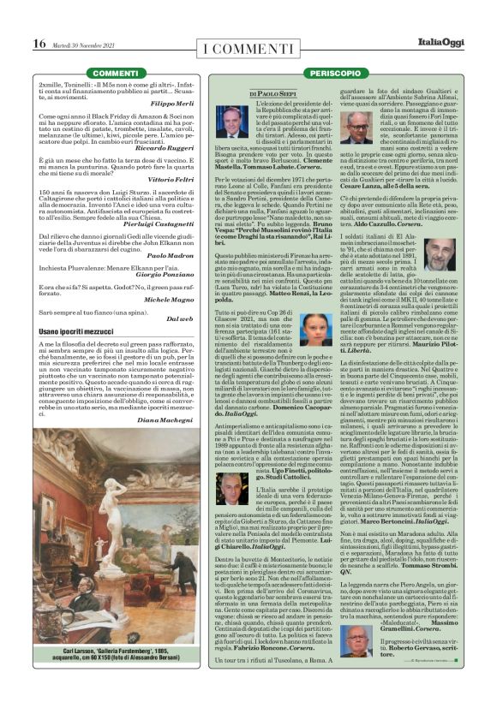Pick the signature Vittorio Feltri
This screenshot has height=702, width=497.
174,178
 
